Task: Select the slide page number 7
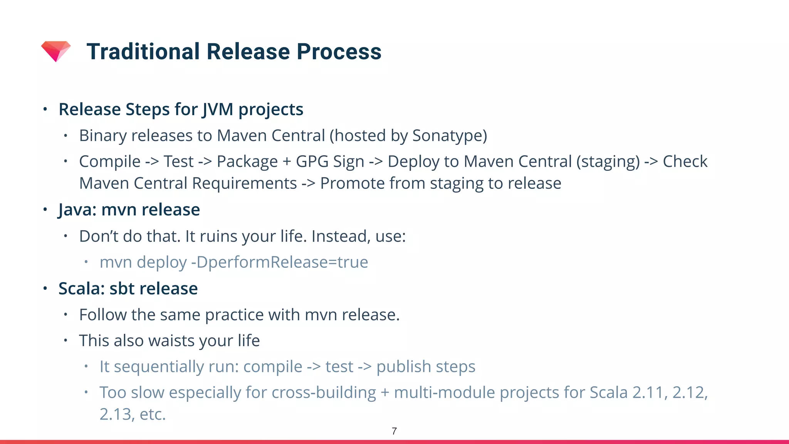tap(394, 431)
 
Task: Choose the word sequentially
tap(159, 367)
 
